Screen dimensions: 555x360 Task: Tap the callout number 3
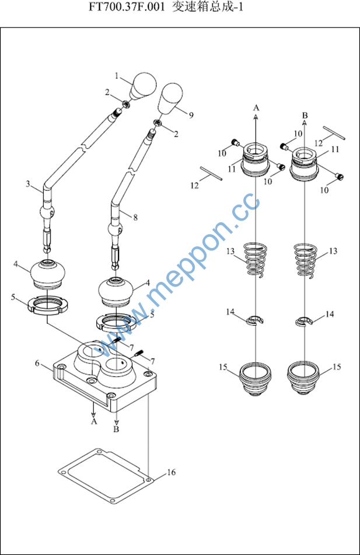[x=27, y=184]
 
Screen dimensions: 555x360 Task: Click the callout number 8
[x=135, y=217]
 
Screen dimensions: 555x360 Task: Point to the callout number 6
[x=37, y=363]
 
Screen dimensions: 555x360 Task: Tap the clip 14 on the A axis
[x=254, y=320]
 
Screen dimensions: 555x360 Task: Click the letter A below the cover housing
[x=93, y=421]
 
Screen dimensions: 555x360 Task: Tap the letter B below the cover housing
[x=116, y=430]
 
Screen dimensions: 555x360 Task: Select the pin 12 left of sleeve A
[x=210, y=173]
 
